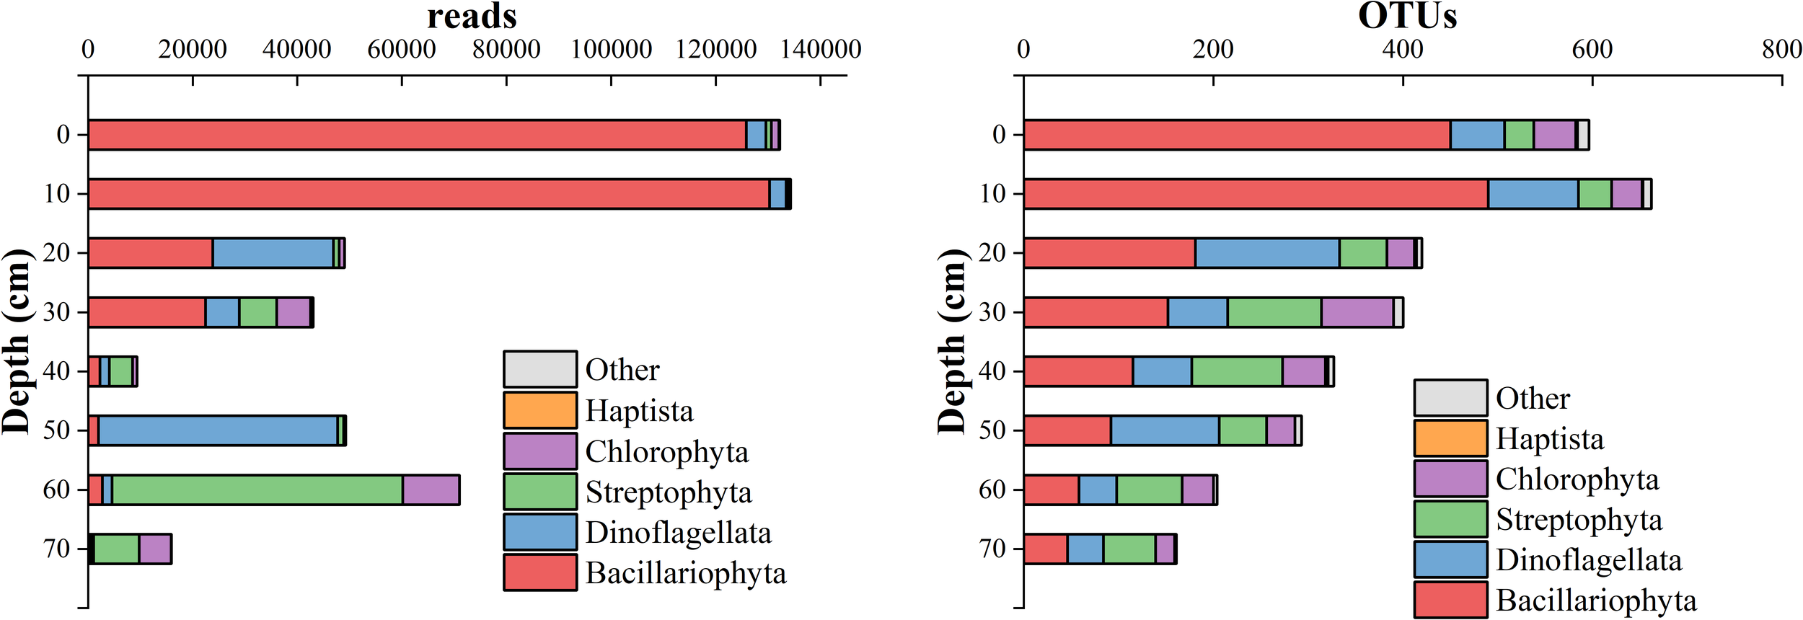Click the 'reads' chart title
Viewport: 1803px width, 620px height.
coord(472,16)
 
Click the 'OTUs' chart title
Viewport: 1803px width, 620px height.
coord(1407,16)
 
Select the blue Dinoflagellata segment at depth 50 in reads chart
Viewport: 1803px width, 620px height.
coord(218,430)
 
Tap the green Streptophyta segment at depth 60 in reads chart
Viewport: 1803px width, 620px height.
coord(257,490)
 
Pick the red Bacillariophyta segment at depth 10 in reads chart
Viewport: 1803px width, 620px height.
coord(428,194)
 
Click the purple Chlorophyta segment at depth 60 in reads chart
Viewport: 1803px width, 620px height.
coord(431,490)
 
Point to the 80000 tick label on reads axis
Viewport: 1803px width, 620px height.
coord(506,49)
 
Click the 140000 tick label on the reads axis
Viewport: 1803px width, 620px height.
coord(821,49)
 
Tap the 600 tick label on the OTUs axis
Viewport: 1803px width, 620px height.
coord(1592,49)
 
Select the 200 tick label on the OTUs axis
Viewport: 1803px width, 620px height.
coord(1213,49)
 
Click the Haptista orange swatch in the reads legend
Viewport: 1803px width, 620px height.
coord(540,410)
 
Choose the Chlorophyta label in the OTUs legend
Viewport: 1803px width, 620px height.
coord(1577,479)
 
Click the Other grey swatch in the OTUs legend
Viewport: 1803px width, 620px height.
coord(1450,398)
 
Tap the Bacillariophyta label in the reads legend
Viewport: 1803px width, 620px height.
coord(685,573)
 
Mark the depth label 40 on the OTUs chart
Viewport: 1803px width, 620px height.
coord(992,371)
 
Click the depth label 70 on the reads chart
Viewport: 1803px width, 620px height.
coord(56,549)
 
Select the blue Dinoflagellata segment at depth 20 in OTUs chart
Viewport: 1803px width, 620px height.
coord(1267,253)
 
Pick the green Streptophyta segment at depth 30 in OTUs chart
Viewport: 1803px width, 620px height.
coord(1274,312)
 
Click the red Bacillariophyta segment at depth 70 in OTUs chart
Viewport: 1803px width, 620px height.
coord(1045,549)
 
